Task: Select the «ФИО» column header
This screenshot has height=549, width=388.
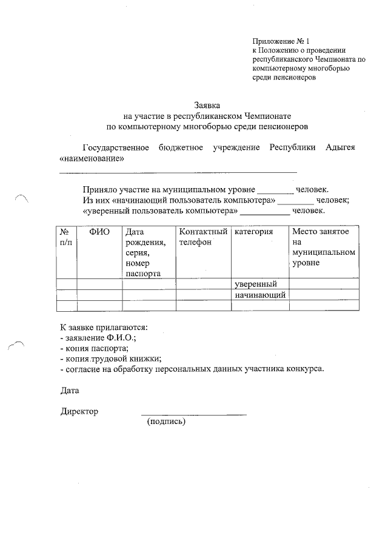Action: pos(99,232)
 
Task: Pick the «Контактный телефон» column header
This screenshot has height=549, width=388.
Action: pos(203,237)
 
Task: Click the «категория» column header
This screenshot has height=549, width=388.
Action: pos(253,232)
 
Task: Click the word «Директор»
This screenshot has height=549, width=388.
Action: pos(79,411)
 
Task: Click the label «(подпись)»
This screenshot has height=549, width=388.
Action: pos(166,422)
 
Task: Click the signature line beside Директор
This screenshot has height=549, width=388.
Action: pos(194,414)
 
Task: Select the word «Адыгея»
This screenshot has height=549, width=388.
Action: pos(339,148)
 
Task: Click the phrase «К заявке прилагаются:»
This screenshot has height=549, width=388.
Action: pos(104,328)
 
